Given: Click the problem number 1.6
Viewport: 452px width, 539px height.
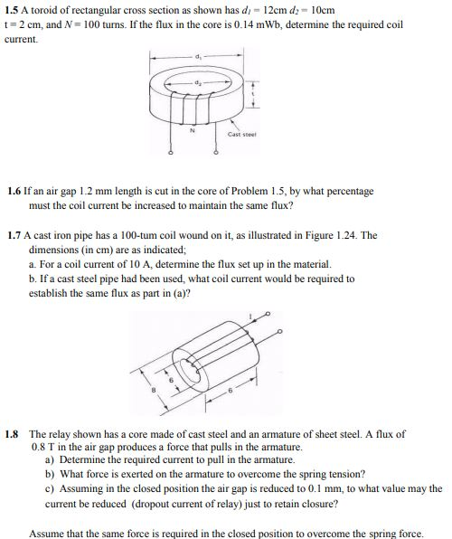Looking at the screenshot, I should click(x=14, y=192).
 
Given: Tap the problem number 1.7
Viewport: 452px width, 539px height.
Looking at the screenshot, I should click(x=14, y=234).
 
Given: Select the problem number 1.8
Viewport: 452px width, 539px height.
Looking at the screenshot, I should click(x=12, y=434).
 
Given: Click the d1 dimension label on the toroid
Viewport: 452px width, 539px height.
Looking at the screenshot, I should click(x=196, y=55).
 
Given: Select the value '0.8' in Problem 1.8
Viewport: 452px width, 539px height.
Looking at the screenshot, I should click(x=38, y=447).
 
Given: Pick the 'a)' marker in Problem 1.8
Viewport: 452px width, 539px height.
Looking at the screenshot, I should click(x=50, y=460).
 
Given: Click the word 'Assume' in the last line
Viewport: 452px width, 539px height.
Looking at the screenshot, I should click(x=49, y=533).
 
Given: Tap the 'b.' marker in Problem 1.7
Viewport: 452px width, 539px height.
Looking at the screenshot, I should click(x=33, y=279).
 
